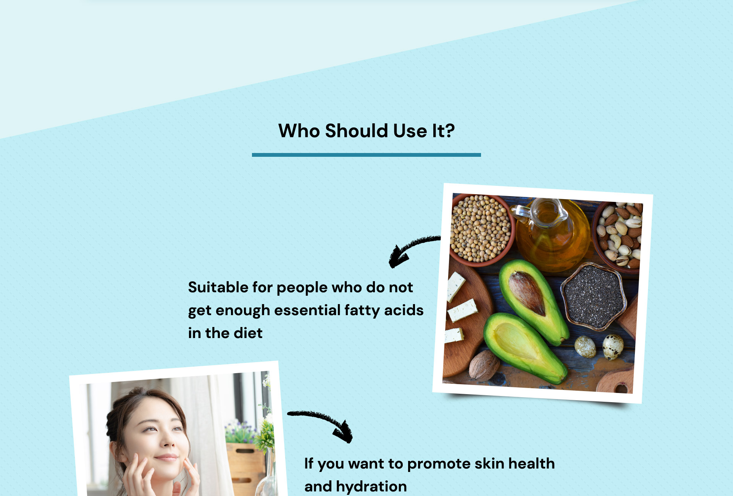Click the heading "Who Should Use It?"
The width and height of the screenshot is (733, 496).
[366, 131]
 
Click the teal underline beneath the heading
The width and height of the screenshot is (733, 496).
[366, 155]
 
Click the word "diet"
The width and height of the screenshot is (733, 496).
[248, 333]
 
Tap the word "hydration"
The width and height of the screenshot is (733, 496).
[371, 486]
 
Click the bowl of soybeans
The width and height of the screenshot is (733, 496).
[481, 229]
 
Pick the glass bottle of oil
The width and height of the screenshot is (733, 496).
[550, 233]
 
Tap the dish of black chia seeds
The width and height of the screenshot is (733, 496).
[594, 296]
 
